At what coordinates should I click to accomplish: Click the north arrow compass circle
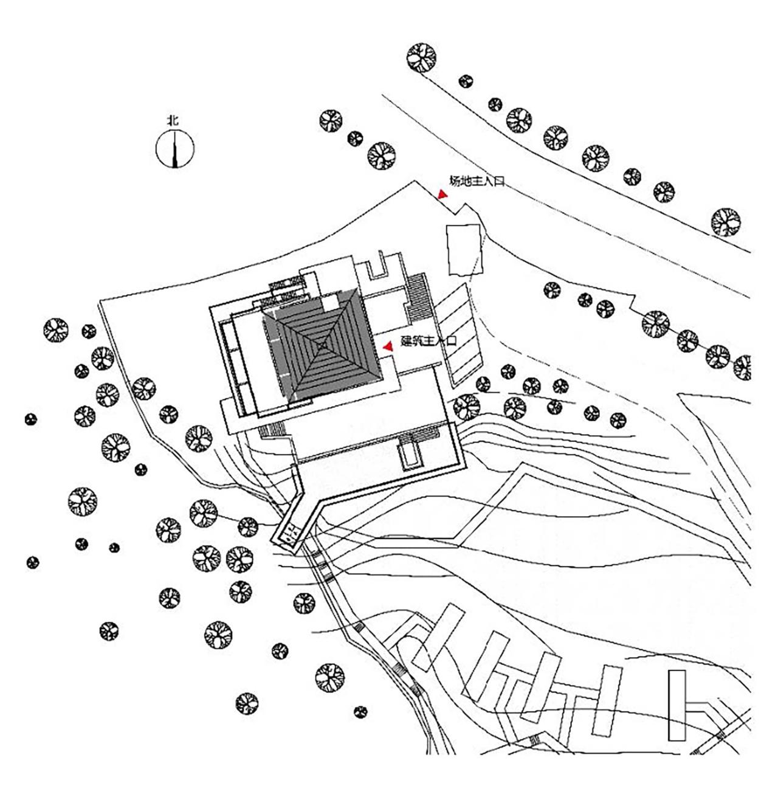(x=175, y=150)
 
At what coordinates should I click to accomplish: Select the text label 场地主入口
(x=477, y=181)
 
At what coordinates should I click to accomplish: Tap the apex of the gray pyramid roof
(x=322, y=346)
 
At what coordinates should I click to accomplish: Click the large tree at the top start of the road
(x=421, y=58)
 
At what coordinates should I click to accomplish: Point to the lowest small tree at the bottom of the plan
(x=360, y=711)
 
